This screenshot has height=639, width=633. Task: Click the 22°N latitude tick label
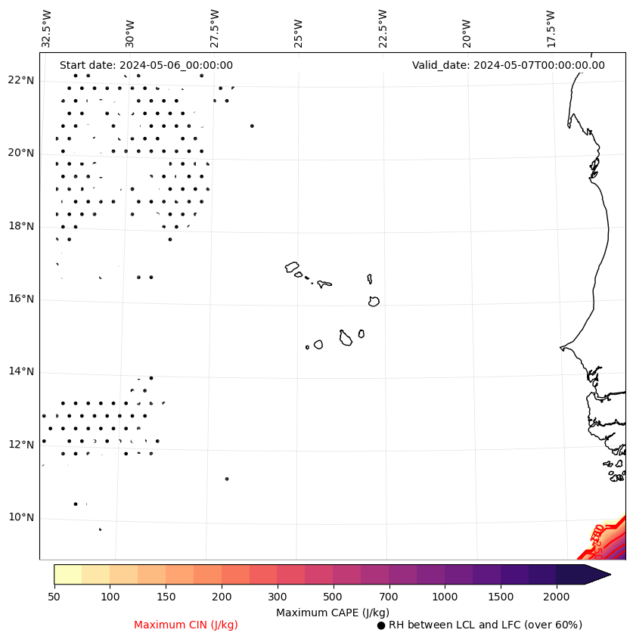[20, 81]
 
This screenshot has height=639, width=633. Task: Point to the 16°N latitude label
[20, 299]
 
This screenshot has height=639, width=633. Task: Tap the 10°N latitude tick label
[20, 518]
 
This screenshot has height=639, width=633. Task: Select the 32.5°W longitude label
[47, 29]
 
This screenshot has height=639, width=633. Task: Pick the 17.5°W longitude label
[551, 29]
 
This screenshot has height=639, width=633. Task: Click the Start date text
[146, 66]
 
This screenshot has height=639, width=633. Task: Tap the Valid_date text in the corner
[508, 66]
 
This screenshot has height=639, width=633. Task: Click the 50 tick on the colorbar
[54, 597]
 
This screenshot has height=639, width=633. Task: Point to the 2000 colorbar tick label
[556, 597]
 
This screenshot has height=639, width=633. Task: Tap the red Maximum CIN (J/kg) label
[186, 625]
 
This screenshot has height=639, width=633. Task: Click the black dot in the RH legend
[381, 625]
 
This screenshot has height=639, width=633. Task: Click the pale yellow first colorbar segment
[68, 574]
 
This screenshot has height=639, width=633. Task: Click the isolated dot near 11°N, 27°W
[227, 479]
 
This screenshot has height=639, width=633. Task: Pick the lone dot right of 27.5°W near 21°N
[252, 126]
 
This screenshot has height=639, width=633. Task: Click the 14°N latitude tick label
[20, 372]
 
